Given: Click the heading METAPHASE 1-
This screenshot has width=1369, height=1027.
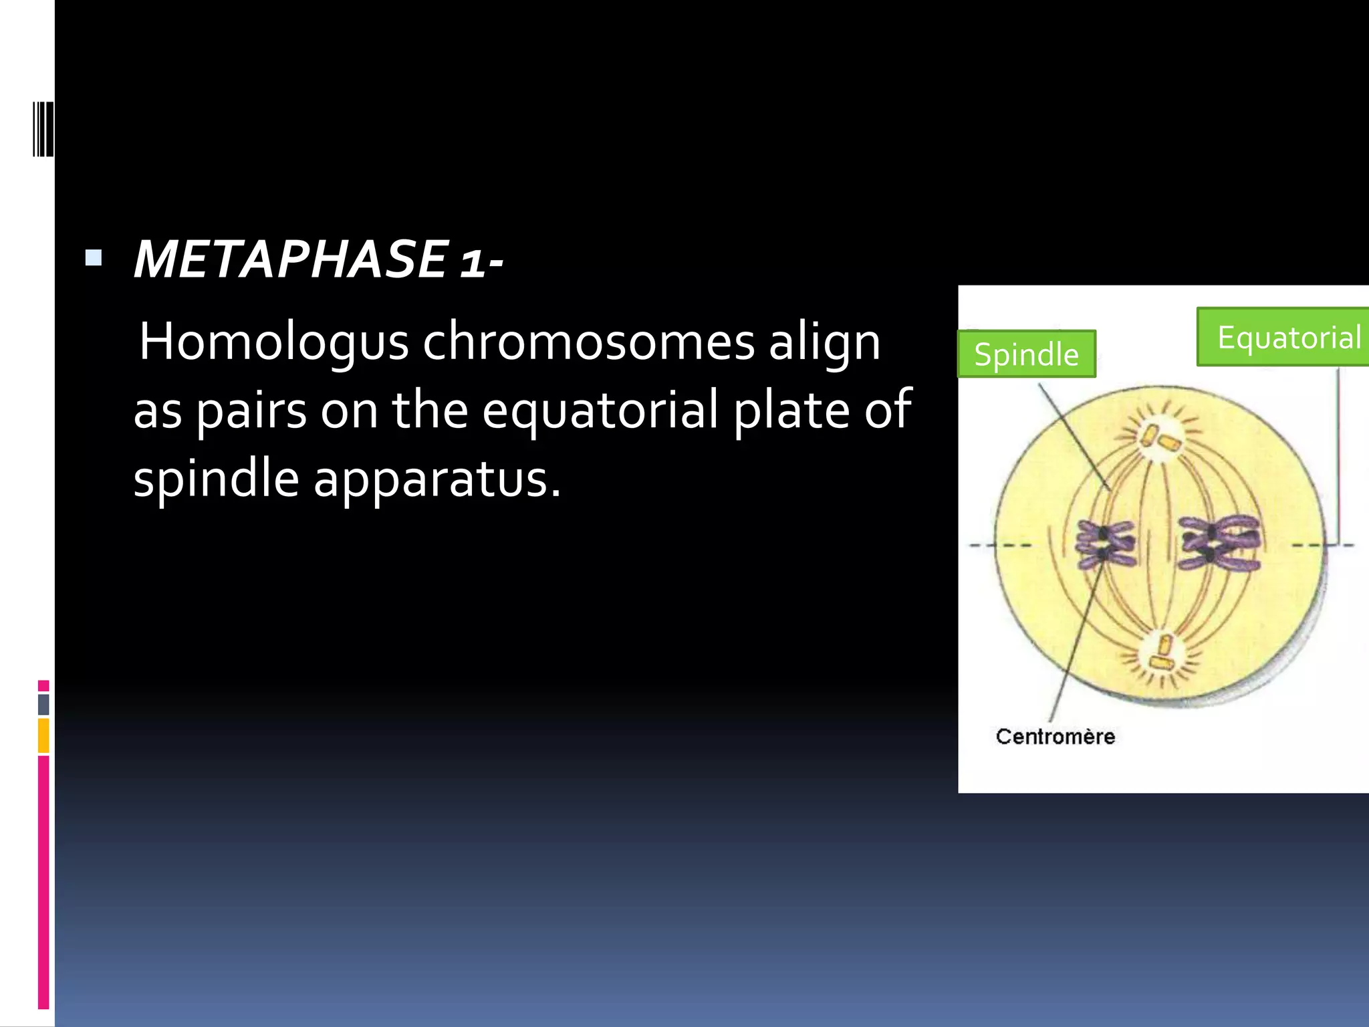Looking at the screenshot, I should point(318,259).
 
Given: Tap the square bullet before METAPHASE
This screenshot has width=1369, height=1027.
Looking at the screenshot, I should point(94,257).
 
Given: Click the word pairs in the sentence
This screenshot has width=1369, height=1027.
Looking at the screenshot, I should point(251,411).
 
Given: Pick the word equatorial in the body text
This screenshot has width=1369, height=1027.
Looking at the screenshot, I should point(600,411).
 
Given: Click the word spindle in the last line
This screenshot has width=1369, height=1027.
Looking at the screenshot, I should point(216,480).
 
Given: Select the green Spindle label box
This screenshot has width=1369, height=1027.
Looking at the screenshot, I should point(1026,354).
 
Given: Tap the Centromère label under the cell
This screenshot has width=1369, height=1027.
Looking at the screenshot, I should point(1055,736).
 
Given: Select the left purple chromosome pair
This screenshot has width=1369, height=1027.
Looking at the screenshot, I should point(1104,544).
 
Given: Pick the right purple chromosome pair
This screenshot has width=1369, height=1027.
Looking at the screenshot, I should point(1219,543).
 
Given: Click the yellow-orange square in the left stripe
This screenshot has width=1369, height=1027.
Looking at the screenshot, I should point(43,735).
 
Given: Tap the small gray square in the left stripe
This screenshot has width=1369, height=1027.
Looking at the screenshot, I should point(43,704).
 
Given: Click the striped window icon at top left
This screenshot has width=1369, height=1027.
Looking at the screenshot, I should point(42,129).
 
